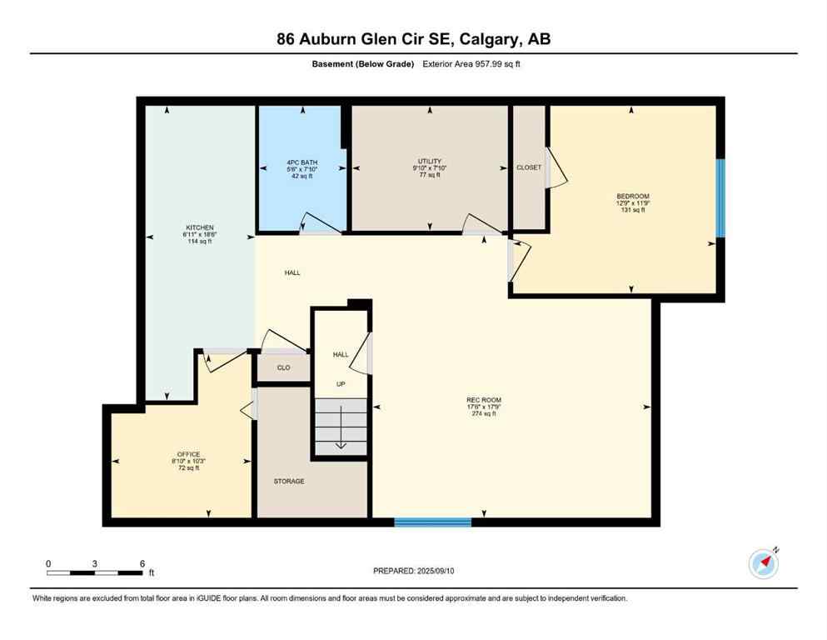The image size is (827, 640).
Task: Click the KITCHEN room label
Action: pos(200,227)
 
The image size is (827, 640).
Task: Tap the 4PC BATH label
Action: pos(301,162)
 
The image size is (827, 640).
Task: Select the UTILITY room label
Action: pos(430,161)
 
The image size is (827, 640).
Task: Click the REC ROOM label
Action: pos(484,400)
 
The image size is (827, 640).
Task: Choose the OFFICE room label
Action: pos(189,454)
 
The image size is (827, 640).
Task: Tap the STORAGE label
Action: pos(289,481)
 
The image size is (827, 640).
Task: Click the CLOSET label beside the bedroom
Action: pos(529,167)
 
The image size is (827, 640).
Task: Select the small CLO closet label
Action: pos(283,367)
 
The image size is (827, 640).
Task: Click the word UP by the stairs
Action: pos(341,384)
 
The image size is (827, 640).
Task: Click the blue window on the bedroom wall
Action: pos(720,197)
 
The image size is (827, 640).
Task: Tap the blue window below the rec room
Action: pos(432,522)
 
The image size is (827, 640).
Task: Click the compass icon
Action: pos(763,563)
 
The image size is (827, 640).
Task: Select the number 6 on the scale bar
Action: pos(142,563)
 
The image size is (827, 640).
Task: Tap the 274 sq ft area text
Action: pos(484,413)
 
